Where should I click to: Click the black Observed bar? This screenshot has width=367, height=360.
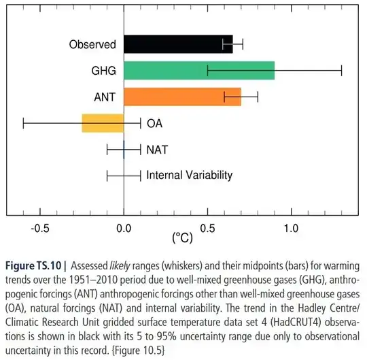[x=178, y=45]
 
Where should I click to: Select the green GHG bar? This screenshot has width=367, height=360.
[x=199, y=70]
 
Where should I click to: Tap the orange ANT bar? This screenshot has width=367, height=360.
[x=182, y=97]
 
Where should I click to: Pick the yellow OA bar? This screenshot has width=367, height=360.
[x=103, y=123]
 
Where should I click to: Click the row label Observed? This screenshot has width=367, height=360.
[x=93, y=46]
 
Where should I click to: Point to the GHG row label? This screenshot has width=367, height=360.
[x=103, y=71]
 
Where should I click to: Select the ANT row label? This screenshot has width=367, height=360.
[x=105, y=97]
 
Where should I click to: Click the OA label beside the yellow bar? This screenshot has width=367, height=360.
[x=154, y=123]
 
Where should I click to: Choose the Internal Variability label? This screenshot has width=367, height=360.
[x=190, y=175]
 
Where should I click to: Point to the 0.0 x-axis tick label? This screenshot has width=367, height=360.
[x=124, y=228]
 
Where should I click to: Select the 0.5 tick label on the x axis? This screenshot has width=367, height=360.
[x=207, y=228]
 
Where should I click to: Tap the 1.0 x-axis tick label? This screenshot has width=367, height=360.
[x=291, y=228]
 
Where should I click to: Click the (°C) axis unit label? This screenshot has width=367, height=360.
[x=183, y=239]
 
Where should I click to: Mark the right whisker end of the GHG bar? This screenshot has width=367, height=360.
[x=341, y=70]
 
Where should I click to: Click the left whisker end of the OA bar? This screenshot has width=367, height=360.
[x=23, y=123]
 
